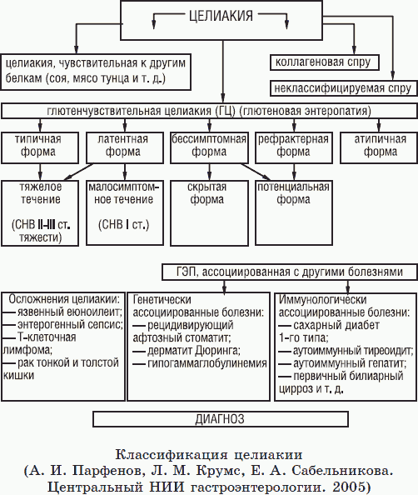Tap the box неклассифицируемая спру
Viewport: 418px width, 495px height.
pyautogui.click(x=341, y=87)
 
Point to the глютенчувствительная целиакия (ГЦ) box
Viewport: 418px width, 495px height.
pyautogui.click(x=210, y=111)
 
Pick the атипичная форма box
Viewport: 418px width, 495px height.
pyautogui.click(x=375, y=147)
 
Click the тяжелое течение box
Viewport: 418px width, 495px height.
pyautogui.click(x=41, y=212)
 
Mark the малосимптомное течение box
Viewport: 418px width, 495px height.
pyautogui.click(x=123, y=212)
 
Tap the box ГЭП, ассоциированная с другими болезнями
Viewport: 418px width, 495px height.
pyautogui.click(x=283, y=272)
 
